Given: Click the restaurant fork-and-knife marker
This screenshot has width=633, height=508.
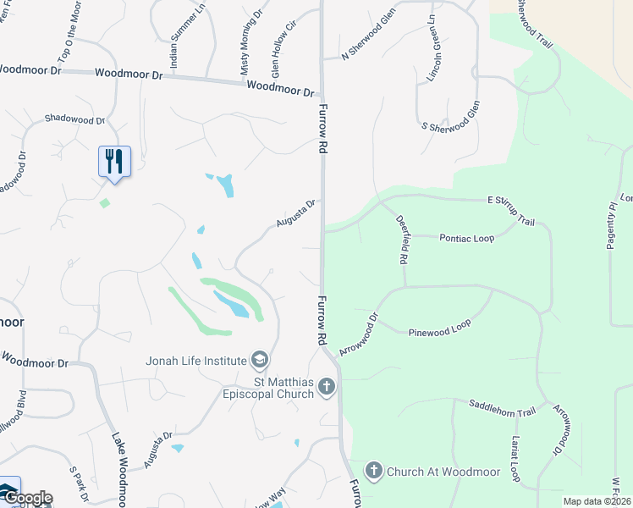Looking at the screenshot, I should pyautogui.click(x=114, y=160).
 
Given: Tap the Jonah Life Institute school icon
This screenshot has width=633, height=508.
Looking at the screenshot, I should pyautogui.click(x=259, y=361).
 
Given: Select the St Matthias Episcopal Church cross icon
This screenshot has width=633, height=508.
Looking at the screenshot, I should pyautogui.click(x=328, y=388).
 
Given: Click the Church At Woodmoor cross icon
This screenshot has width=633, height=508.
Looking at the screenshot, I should pyautogui.click(x=373, y=470).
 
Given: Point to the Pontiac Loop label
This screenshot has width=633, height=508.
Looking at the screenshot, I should pyautogui.click(x=466, y=239).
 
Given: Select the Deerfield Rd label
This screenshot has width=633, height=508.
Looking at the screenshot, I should pyautogui.click(x=402, y=240).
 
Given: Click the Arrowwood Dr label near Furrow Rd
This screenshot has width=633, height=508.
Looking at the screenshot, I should pyautogui.click(x=359, y=334).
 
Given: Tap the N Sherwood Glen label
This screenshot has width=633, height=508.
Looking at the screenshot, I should pyautogui.click(x=368, y=35).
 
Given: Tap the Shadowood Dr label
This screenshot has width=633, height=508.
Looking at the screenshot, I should pyautogui.click(x=74, y=119).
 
